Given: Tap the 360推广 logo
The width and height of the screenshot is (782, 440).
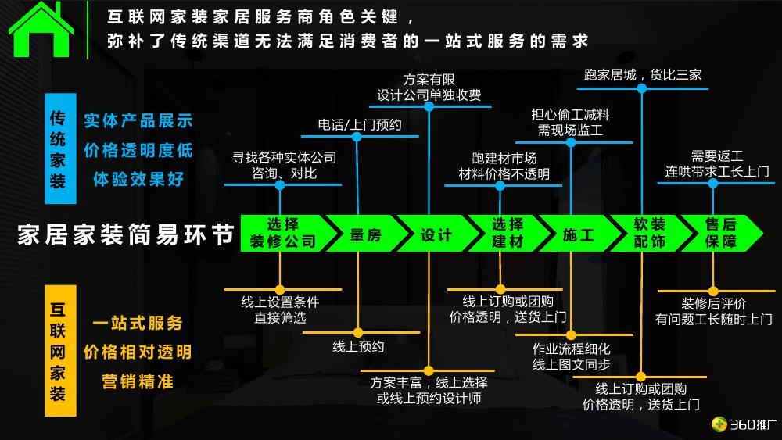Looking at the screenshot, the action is click(x=744, y=424).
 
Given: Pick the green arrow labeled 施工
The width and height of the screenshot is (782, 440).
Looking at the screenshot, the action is click(x=579, y=233).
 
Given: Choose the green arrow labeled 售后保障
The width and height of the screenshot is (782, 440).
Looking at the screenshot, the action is click(x=721, y=233).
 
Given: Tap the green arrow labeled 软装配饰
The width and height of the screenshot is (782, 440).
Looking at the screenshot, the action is click(x=651, y=233).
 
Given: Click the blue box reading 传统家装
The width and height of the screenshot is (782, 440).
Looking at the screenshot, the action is click(x=60, y=148).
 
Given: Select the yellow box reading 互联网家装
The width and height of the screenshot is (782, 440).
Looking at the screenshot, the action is click(x=60, y=351).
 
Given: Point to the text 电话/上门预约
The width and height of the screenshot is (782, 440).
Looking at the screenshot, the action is click(x=360, y=124).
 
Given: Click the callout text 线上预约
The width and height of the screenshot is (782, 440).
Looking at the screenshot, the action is click(x=358, y=346).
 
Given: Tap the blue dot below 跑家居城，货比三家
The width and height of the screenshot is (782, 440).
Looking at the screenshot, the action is click(x=642, y=88).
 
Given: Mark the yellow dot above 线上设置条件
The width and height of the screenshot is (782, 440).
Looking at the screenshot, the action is click(x=280, y=289).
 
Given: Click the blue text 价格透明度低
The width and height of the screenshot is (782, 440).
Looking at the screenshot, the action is click(x=138, y=149).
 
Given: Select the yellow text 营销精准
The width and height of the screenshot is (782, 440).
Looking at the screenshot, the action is click(x=138, y=381).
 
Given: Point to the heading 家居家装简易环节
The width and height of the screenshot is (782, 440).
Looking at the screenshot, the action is click(x=126, y=234).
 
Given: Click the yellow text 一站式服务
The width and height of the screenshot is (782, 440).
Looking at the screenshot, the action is click(x=138, y=323).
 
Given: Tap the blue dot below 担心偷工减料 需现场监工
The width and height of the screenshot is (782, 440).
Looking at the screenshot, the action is click(x=571, y=142).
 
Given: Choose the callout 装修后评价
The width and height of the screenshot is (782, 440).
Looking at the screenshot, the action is click(x=714, y=303).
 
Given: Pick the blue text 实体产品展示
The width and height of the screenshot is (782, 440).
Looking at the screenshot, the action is click(x=138, y=120).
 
